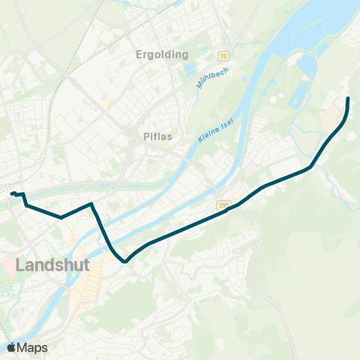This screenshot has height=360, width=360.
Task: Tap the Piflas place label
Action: click(x=159, y=136)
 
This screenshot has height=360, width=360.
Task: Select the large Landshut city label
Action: click(x=52, y=265)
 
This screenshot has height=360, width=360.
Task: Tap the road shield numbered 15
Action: click(x=223, y=55)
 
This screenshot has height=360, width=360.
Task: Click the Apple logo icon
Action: click(x=12, y=347)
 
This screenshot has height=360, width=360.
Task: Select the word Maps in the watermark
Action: click(x=33, y=347)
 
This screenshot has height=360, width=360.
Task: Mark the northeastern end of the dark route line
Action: click(x=348, y=98)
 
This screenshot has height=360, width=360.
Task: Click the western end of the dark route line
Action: click(x=11, y=193)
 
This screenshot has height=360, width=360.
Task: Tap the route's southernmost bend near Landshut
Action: click(x=124, y=262)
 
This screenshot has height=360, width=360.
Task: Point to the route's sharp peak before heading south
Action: click(x=91, y=203)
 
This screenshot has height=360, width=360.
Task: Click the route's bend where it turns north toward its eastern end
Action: click(x=310, y=168)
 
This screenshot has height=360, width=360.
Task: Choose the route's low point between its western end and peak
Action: click(x=61, y=217)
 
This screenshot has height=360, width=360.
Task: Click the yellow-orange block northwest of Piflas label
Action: click(x=106, y=100)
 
